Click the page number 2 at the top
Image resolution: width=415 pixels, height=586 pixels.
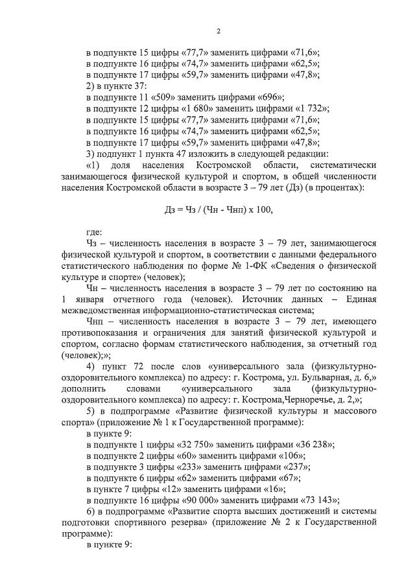[x=219, y=31]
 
